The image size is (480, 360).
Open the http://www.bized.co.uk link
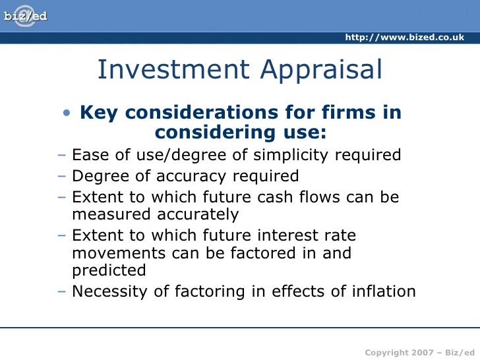click(x=405, y=37)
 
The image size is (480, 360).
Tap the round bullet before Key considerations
click(x=67, y=113)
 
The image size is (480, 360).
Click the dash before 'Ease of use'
click(x=62, y=156)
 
